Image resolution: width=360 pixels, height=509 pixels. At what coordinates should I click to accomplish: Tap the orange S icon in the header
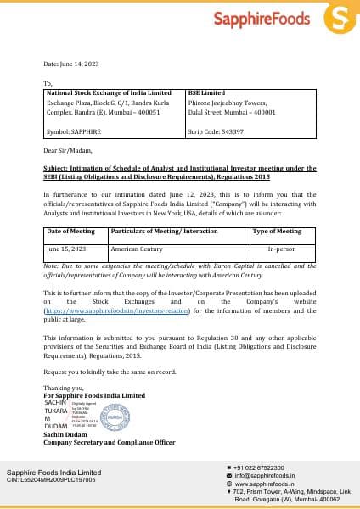coord(340,18)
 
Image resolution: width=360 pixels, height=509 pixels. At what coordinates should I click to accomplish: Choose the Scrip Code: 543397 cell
coord(216,131)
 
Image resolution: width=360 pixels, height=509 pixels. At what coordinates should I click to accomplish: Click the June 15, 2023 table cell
coord(65,249)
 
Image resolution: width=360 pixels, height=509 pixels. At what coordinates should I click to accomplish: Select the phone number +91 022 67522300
coord(261,467)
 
